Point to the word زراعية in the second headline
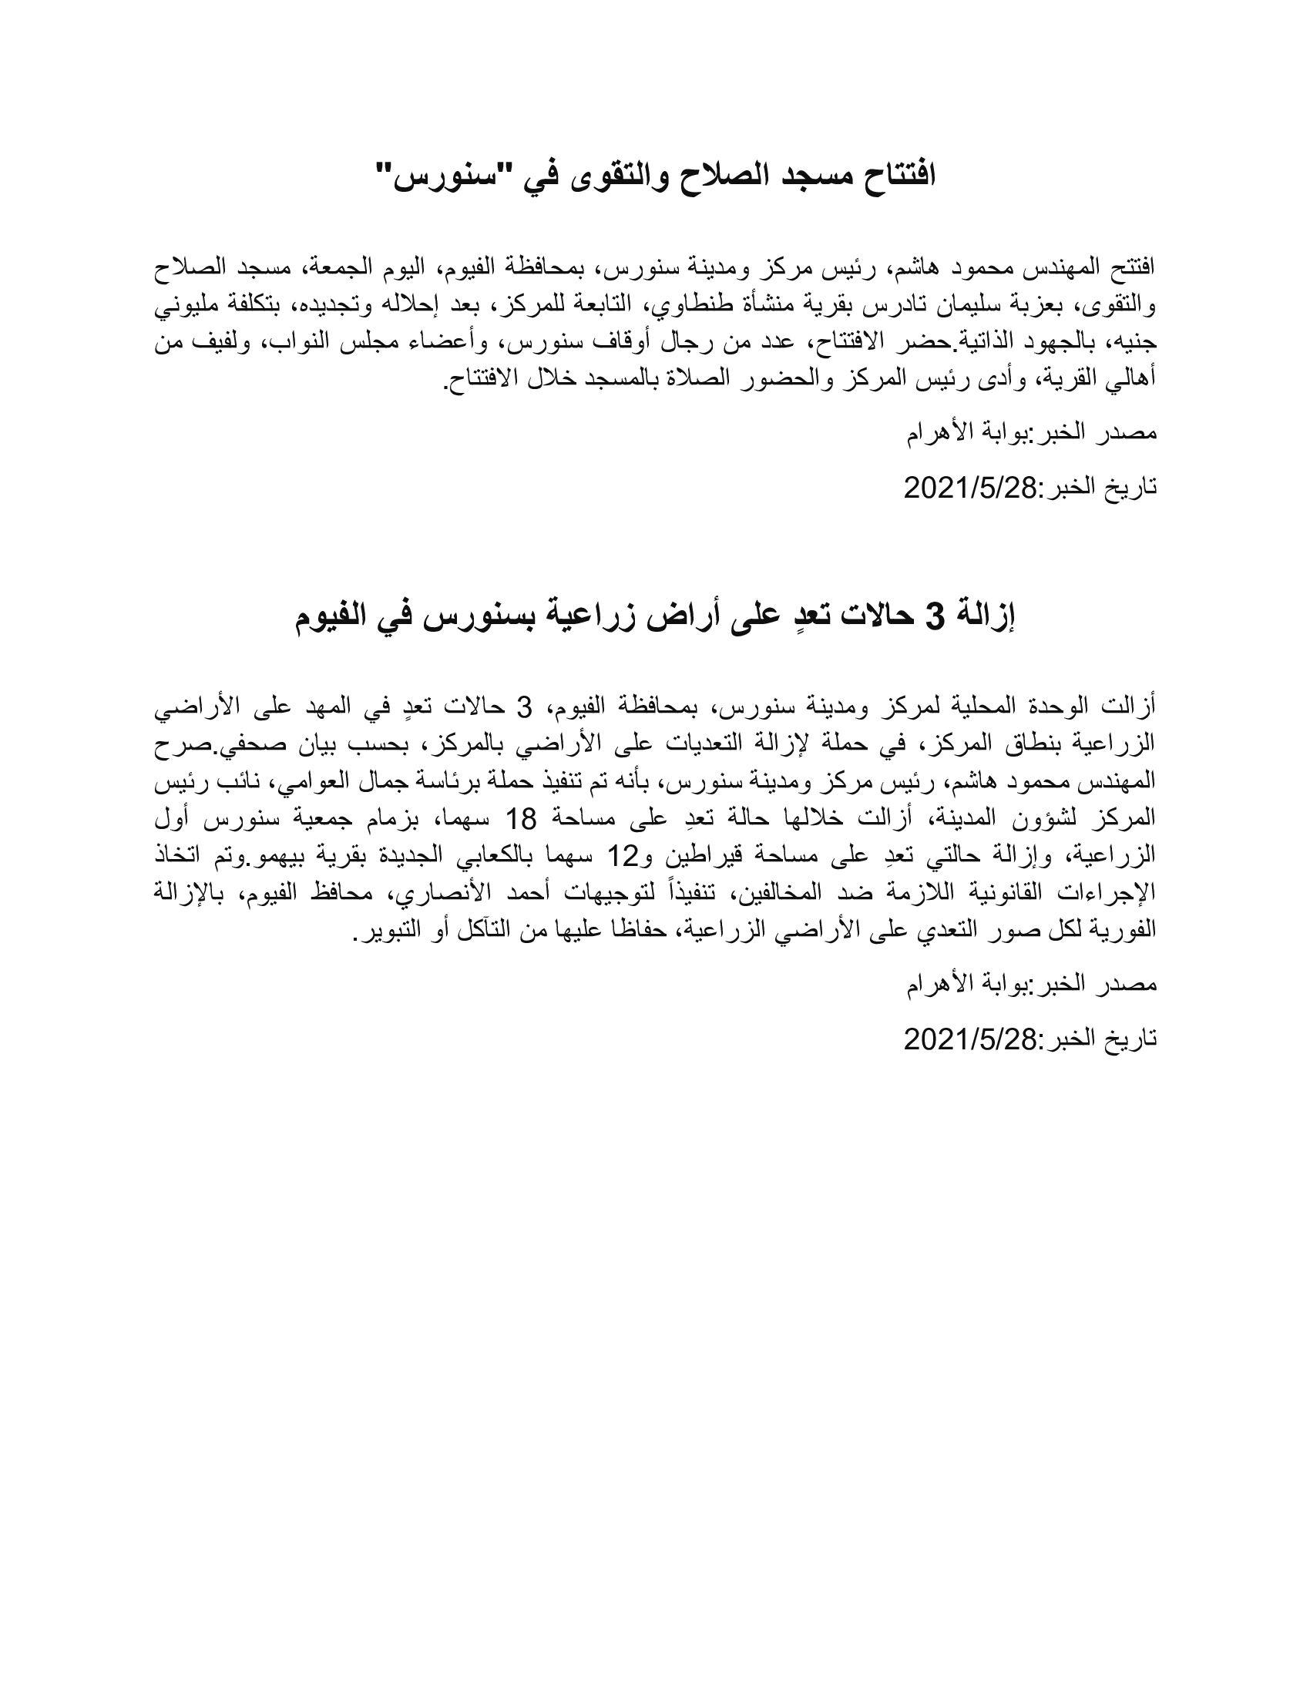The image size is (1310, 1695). (591, 618)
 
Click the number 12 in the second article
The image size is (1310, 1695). (620, 854)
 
